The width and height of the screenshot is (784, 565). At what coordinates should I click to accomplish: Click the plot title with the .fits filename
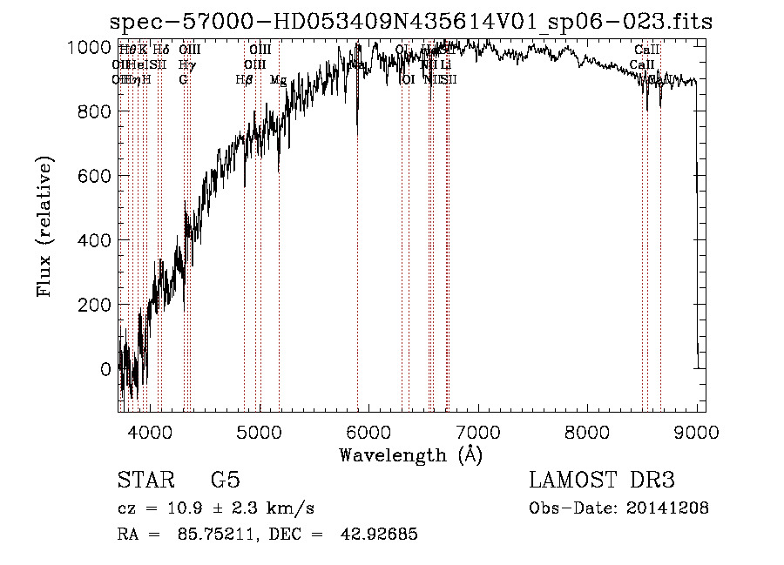coord(412,23)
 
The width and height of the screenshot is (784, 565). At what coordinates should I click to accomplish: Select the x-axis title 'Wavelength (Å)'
coord(411,454)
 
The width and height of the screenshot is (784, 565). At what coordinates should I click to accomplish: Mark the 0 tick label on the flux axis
coord(106,369)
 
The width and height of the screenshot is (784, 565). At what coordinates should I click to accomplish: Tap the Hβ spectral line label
coord(244,80)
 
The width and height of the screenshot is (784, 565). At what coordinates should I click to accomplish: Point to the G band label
coord(184,80)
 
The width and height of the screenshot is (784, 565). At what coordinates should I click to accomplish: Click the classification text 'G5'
coord(225,480)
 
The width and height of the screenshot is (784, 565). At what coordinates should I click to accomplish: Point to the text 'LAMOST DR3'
coord(602,480)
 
